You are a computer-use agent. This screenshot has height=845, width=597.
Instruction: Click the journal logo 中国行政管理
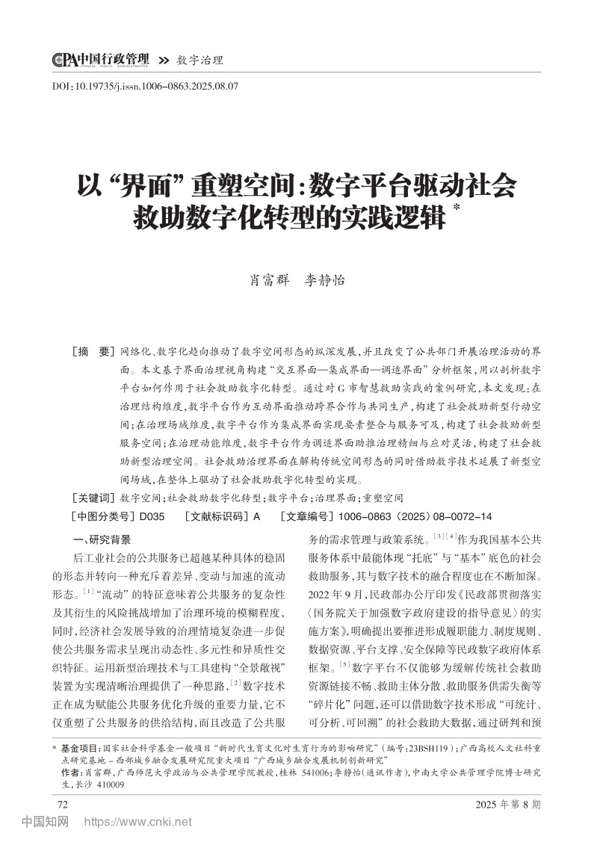(x=100, y=60)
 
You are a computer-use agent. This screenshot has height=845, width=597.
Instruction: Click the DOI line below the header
(x=145, y=86)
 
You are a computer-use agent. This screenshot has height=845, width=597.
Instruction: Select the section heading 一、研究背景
(x=99, y=539)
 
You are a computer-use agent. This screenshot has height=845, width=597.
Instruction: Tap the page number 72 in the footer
(x=64, y=803)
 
